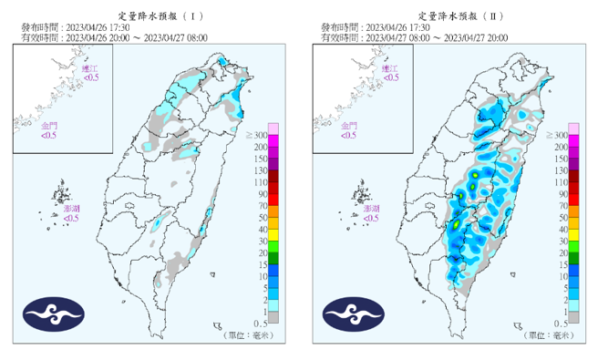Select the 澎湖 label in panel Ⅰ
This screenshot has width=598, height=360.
coord(71,209)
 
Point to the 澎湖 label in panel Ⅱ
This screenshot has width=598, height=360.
coord(371,209)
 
